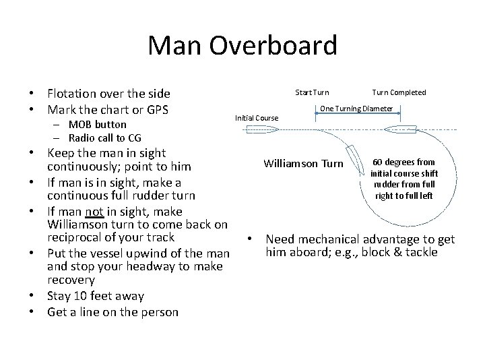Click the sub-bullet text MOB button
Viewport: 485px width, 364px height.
coord(96,125)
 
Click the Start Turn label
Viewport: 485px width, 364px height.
coord(313,92)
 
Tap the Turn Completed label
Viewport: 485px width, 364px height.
coord(399,92)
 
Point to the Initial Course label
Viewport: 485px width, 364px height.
coord(256,118)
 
